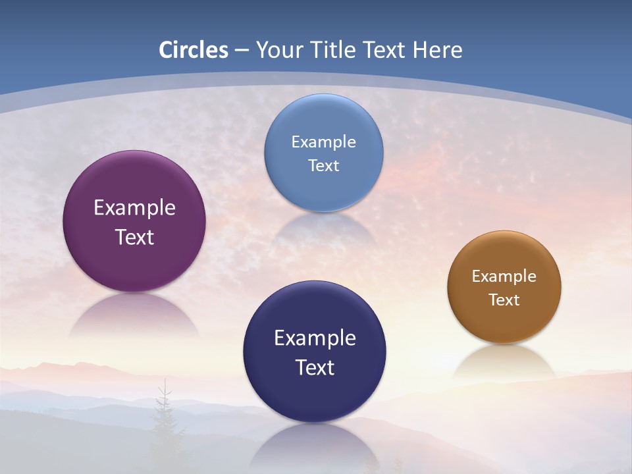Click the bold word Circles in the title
[194, 50]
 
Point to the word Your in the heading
[279, 50]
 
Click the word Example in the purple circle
[134, 208]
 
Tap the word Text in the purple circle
[134, 237]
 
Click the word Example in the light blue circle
[323, 142]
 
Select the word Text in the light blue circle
[323, 165]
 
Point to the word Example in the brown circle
[504, 276]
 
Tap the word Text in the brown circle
[504, 300]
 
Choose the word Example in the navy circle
[315, 338]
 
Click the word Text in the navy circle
[315, 367]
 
